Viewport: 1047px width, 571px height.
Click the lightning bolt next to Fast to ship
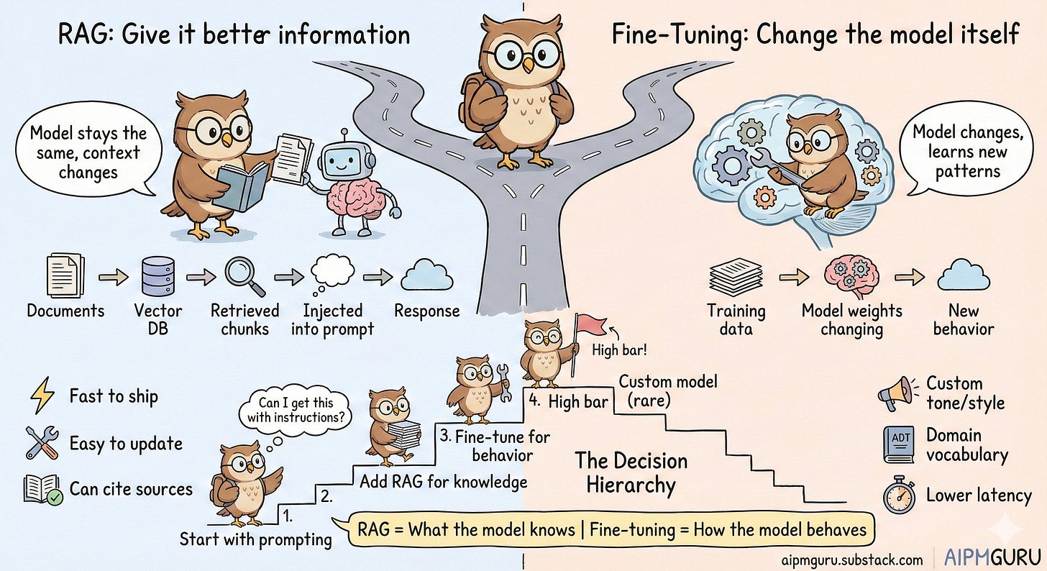[41, 396]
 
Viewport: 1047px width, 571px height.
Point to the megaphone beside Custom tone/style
[896, 392]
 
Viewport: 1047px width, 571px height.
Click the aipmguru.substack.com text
[850, 559]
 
